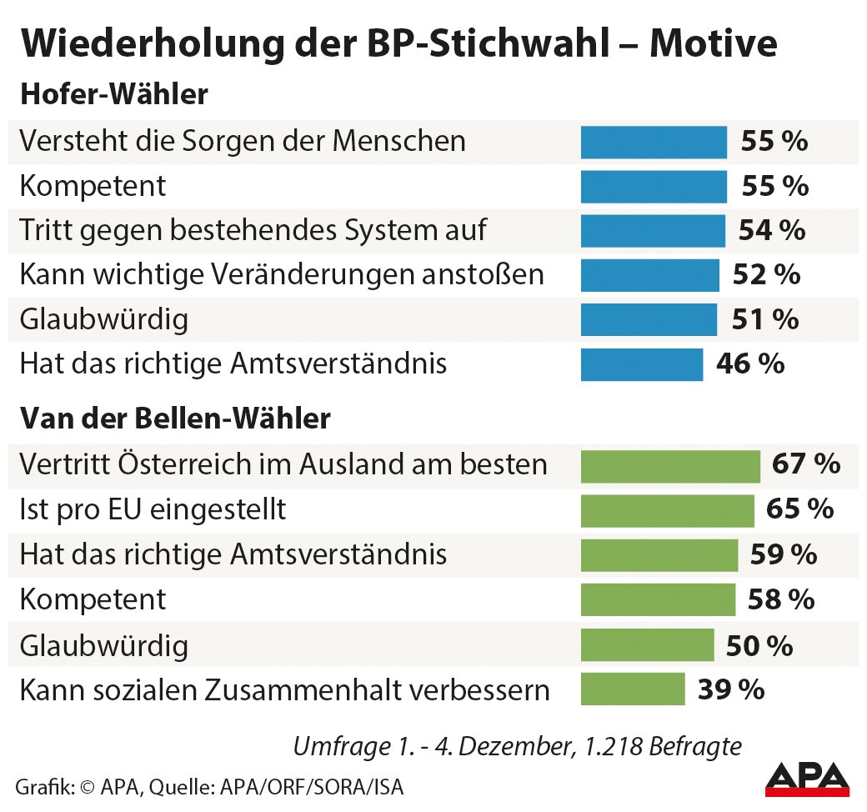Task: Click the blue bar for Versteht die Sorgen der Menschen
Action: point(654,141)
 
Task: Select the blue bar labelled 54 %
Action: point(653,230)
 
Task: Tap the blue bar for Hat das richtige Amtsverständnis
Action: point(642,364)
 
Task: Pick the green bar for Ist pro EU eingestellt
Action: point(667,509)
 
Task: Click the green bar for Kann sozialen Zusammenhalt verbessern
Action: point(633,689)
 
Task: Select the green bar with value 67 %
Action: point(670,465)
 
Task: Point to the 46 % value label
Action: point(750,364)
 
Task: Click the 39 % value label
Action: point(730,689)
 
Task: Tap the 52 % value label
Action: point(766,274)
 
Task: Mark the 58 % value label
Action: point(781,599)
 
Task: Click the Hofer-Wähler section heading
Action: point(114,95)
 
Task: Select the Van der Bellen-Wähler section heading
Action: point(175,419)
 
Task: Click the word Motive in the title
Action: point(713,44)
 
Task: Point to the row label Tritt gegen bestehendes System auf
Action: point(253,230)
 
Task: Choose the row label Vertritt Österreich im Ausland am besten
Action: point(283,465)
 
